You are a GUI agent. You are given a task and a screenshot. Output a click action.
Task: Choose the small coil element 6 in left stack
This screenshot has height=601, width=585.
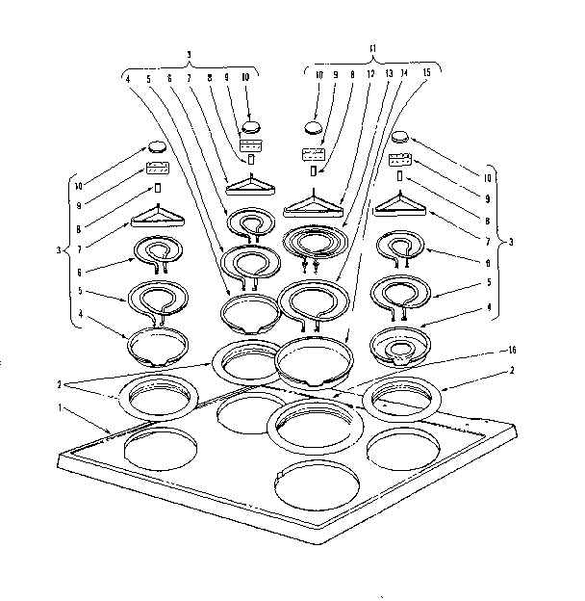[156, 253]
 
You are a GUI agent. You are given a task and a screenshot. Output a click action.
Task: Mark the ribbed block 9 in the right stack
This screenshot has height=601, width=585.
[401, 160]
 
